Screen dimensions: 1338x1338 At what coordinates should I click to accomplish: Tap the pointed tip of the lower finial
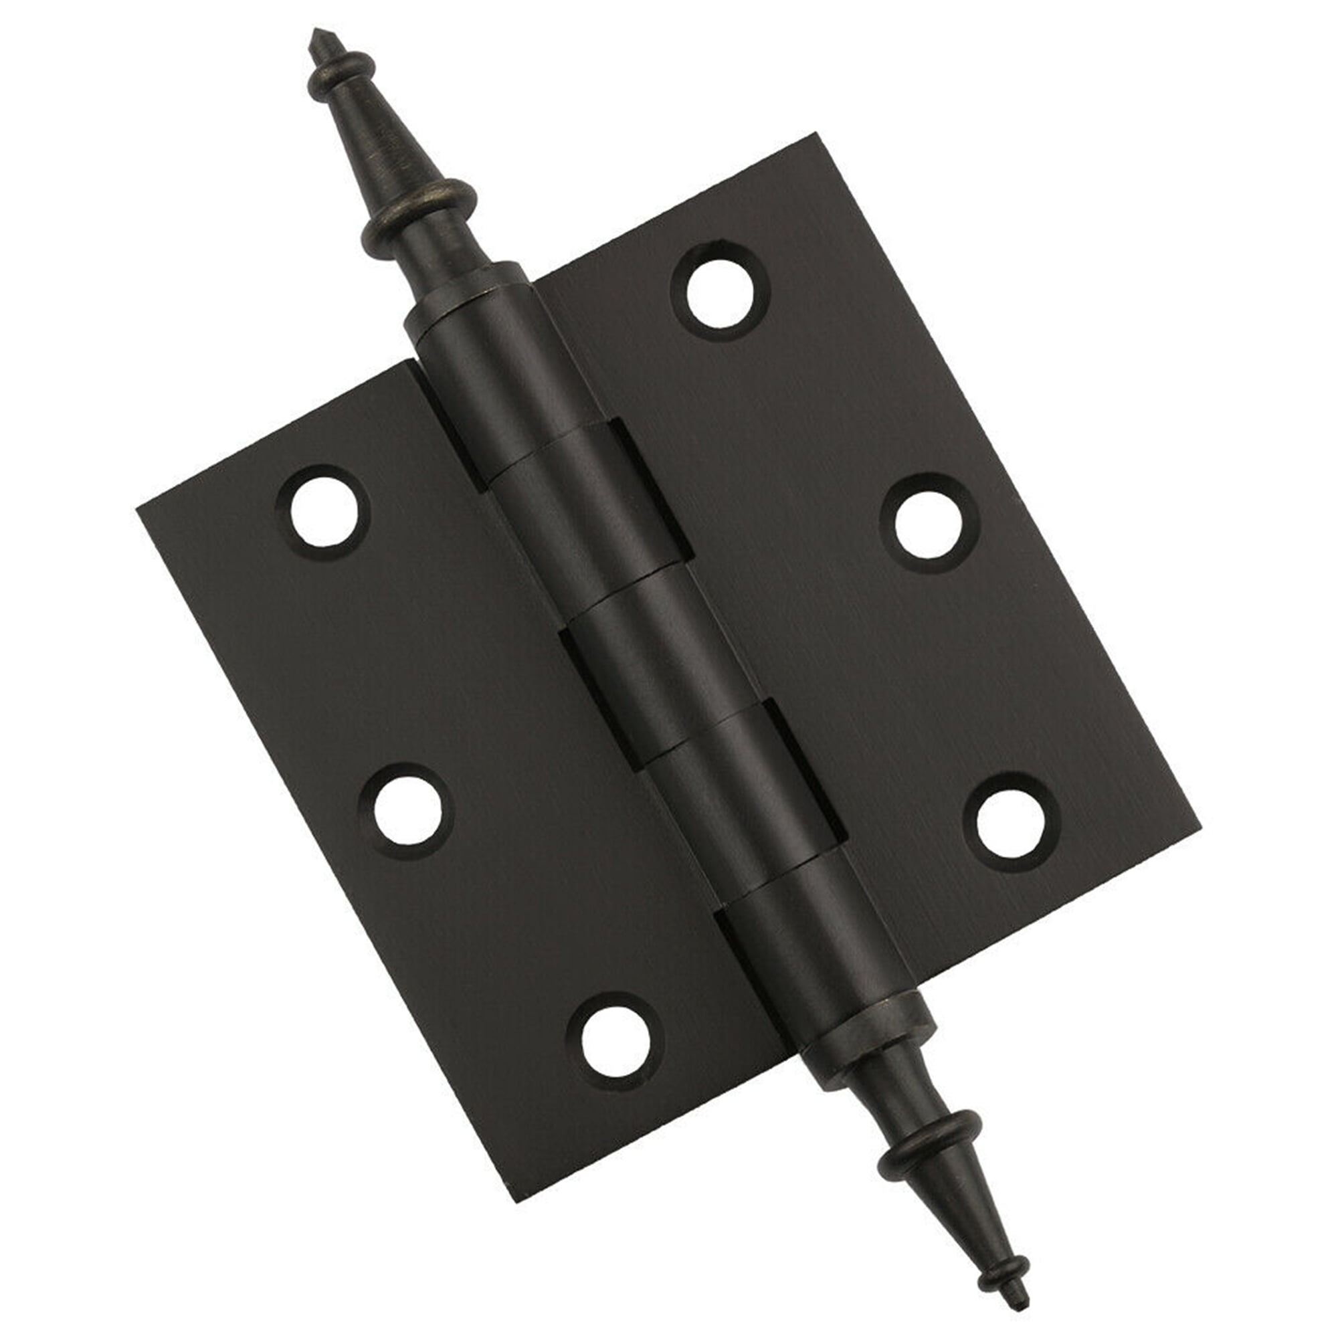(1023, 1306)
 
